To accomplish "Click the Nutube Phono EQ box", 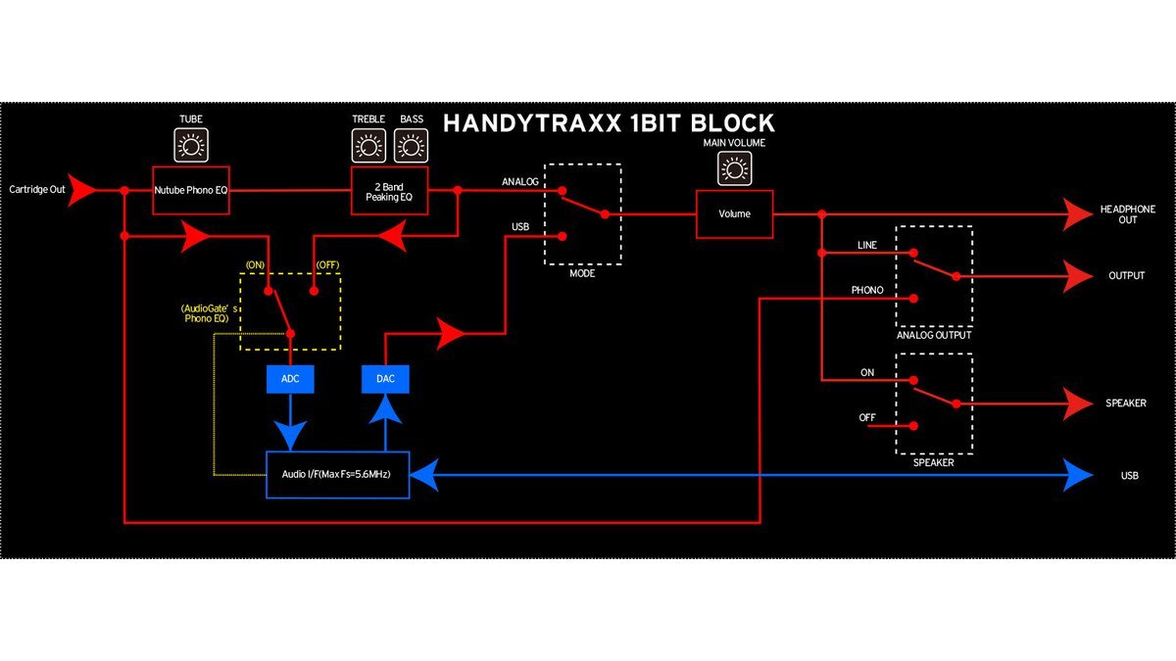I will (190, 190).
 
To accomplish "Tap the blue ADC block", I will (290, 378).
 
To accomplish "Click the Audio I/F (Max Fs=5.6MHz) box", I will (337, 476).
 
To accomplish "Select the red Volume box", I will (734, 213).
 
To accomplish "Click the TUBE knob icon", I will (190, 148).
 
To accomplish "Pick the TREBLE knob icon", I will (367, 148).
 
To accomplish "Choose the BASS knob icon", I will (411, 148).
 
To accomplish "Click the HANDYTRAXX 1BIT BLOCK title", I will (609, 123).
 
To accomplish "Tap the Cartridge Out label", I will (37, 189).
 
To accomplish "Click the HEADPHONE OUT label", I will (1127, 214).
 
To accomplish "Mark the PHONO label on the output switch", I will (867, 290).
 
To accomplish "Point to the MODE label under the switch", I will (582, 274).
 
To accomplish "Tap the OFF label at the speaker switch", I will (867, 418).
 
